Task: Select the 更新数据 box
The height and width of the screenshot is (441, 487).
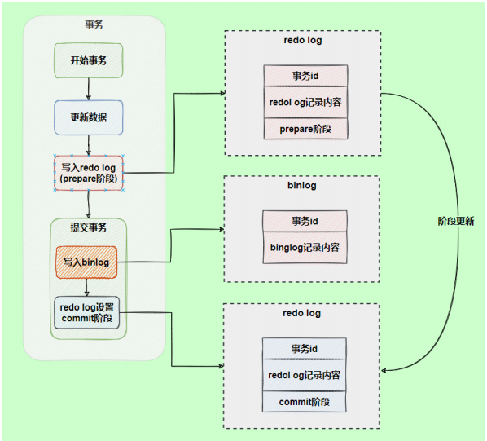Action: click(87, 117)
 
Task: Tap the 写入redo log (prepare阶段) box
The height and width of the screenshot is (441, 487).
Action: click(87, 173)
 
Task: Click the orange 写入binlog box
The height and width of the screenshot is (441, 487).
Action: click(86, 262)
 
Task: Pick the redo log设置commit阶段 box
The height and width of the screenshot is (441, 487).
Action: click(86, 312)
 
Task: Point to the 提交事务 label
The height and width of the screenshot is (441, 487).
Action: click(87, 227)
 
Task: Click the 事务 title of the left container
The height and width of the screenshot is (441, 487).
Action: click(94, 25)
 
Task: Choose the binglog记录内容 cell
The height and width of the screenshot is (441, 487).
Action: click(304, 247)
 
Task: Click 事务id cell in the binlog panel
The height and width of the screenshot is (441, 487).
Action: click(304, 221)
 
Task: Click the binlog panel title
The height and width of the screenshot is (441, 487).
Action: click(302, 185)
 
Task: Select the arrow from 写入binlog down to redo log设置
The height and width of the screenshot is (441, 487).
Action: click(86, 286)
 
